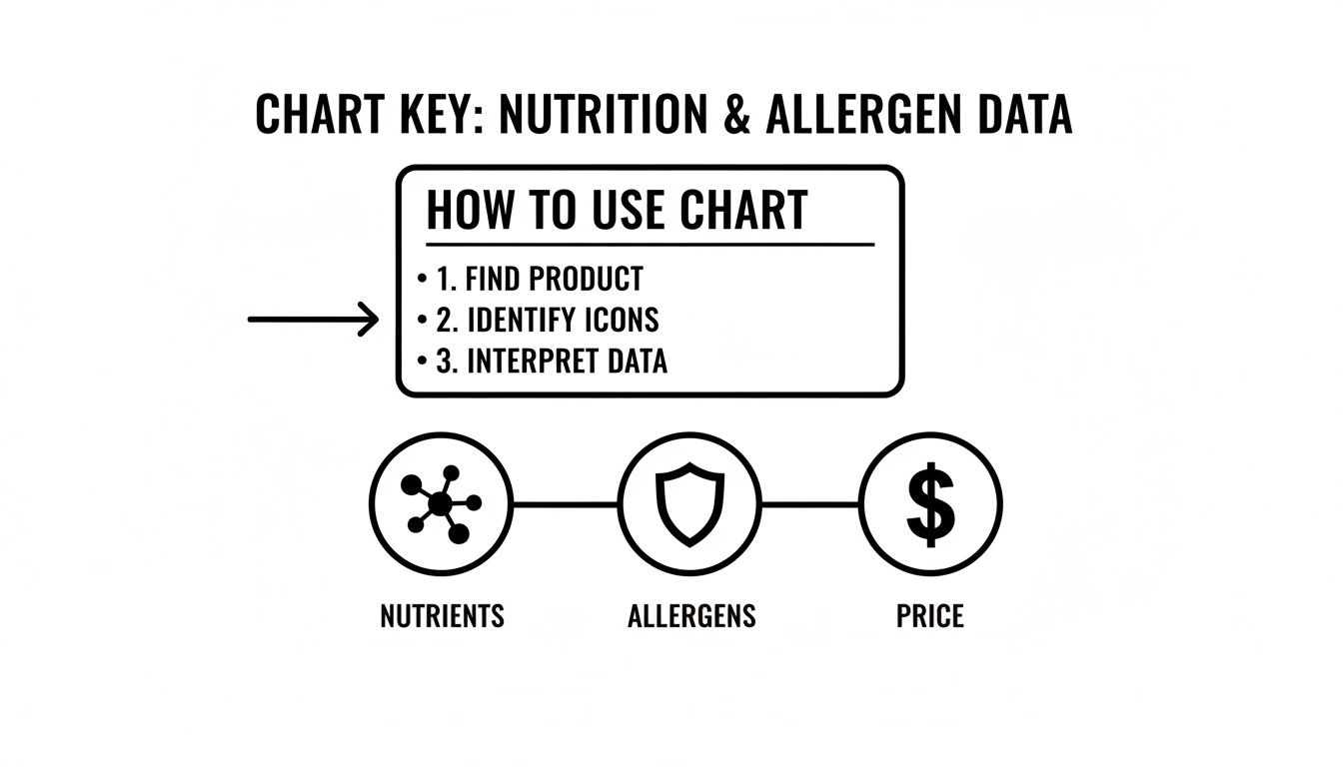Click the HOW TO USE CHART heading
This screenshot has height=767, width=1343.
point(617,210)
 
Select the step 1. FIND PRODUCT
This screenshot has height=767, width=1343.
point(540,279)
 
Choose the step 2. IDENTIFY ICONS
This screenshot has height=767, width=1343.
point(548,320)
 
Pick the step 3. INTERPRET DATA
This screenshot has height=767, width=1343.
point(552,361)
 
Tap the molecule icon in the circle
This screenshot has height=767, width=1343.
point(441,504)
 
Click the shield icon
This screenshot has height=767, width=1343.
point(688,505)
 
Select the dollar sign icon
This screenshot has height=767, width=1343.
point(930,505)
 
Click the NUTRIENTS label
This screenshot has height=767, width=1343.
point(442,616)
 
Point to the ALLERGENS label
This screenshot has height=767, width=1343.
point(691,616)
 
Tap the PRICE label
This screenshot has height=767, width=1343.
point(929,616)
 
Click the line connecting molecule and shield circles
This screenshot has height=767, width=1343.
point(565,504)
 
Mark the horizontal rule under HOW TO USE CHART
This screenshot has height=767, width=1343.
point(650,244)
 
